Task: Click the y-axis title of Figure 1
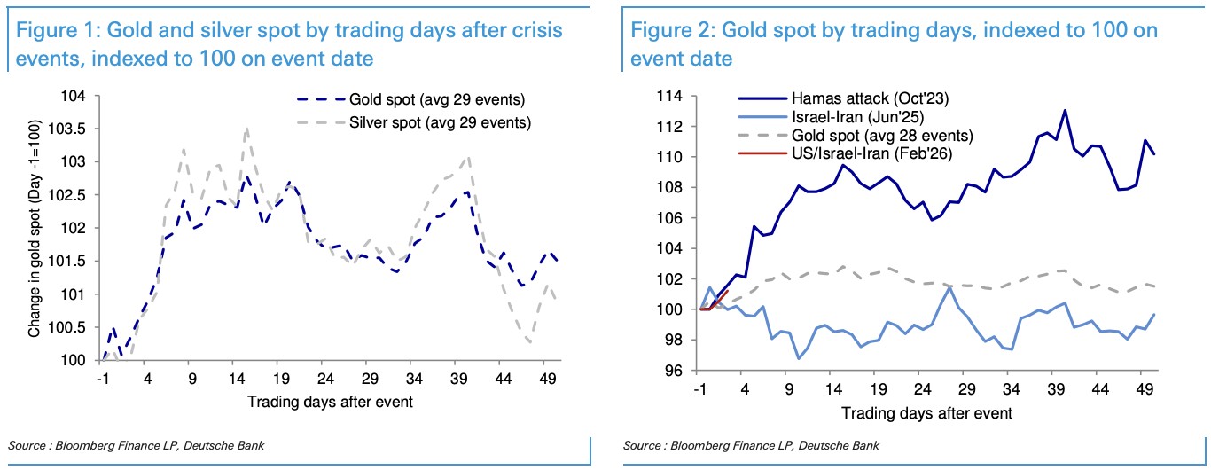(x=36, y=230)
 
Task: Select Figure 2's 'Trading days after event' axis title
(x=926, y=412)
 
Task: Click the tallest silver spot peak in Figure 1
(x=246, y=129)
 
